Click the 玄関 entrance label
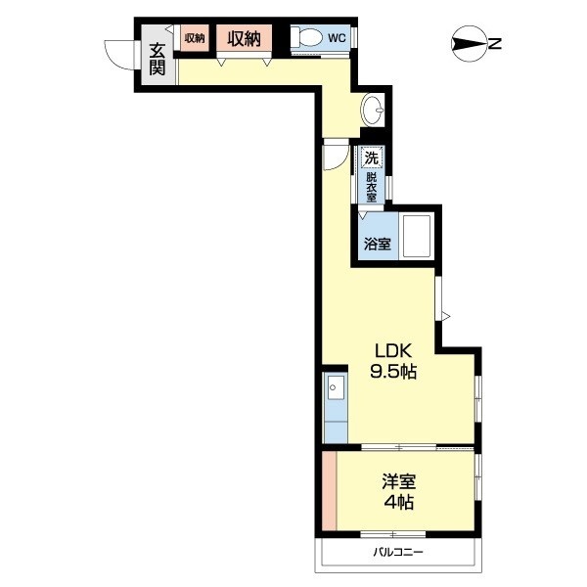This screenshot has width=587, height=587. coord(158,59)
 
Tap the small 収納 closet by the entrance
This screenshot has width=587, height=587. coord(195,38)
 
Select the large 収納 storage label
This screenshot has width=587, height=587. coord(244,38)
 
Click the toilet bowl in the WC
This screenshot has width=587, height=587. coord(307,37)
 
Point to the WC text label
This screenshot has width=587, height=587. coord(337,38)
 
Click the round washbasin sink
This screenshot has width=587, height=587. coord(373,110)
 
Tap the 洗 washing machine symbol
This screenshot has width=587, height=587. coord(372,158)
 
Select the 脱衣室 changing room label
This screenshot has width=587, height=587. coord(372,187)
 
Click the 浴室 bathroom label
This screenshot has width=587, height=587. coord(378,244)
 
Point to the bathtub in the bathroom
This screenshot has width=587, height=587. coord(417,236)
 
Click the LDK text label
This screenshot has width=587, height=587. coord(393,351)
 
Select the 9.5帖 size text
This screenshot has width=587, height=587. coord(393,372)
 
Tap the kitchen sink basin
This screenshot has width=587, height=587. coord(336,387)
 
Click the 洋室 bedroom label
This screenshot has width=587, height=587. coord(399,481)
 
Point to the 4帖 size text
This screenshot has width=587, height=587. coord(399,502)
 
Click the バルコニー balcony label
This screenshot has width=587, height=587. coord(398,552)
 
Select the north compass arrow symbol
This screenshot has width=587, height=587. coord(470,44)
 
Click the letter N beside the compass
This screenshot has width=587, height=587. coord(495,44)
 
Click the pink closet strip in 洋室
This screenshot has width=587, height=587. coord(330,491)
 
